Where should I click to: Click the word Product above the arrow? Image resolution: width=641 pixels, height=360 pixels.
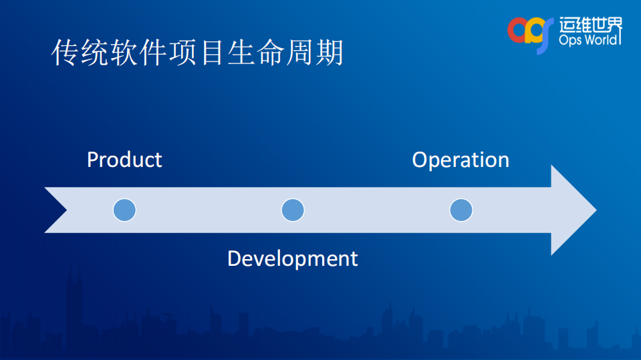pyautogui.click(x=124, y=160)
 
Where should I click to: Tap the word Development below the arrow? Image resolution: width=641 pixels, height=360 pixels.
pyautogui.click(x=292, y=258)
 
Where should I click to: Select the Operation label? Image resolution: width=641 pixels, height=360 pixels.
pyautogui.click(x=461, y=160)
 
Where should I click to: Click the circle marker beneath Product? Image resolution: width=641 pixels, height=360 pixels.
pyautogui.click(x=124, y=210)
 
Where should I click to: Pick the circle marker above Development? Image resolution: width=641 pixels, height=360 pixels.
pyautogui.click(x=293, y=210)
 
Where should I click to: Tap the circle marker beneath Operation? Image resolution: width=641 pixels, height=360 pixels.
pyautogui.click(x=461, y=210)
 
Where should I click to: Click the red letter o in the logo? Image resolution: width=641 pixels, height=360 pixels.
pyautogui.click(x=518, y=29)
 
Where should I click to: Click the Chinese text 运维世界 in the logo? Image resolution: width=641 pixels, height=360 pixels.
pyautogui.click(x=590, y=25)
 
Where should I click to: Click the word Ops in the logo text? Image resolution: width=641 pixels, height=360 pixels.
pyautogui.click(x=569, y=41)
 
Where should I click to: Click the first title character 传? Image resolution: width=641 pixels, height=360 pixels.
pyautogui.click(x=66, y=53)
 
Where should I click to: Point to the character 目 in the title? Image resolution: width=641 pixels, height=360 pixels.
pyautogui.click(x=212, y=53)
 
